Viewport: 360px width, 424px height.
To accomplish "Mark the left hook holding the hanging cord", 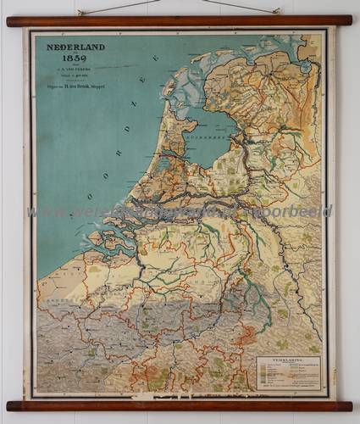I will coord(79,12).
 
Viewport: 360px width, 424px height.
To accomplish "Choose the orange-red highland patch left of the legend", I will coord(246,337).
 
